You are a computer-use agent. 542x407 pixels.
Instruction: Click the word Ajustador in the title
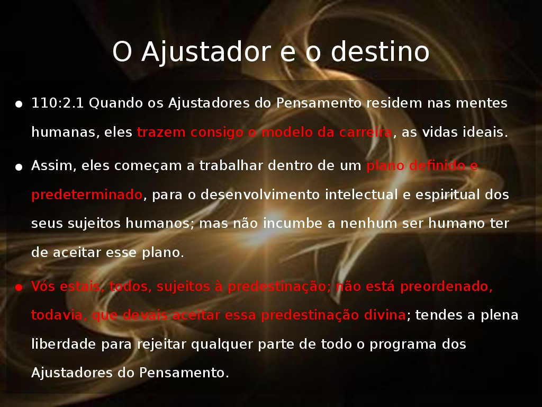coord(206,52)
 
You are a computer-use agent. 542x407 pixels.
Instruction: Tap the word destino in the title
coord(380,51)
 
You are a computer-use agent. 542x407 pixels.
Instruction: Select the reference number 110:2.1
coord(57,103)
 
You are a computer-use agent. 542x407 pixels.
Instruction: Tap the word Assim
coord(53,166)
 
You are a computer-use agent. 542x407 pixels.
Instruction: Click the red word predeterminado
coord(87,195)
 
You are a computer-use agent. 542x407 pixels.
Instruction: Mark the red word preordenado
coord(446,287)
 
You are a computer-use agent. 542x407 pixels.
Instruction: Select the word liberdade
coord(64,344)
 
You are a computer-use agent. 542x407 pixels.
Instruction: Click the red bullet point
coord(19,287)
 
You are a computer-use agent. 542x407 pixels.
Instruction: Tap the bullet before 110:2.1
coord(19,104)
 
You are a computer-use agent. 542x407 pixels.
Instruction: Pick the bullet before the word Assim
coord(19,167)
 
